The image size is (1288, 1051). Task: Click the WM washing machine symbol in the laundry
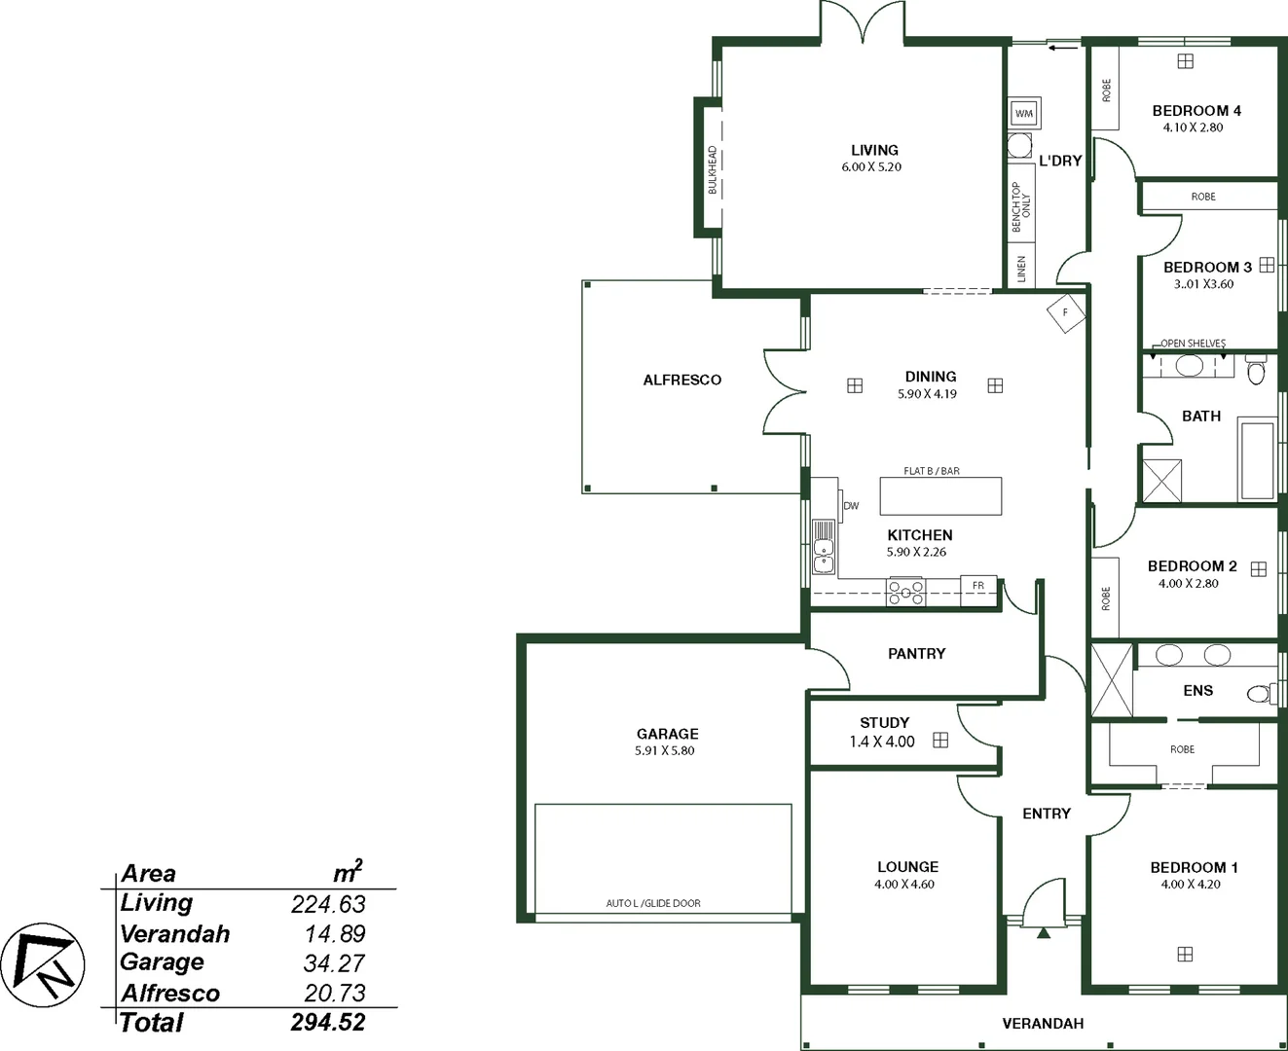[1023, 113]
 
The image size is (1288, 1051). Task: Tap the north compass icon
[43, 964]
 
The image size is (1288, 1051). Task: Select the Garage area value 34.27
[333, 963]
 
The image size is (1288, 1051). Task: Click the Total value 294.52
[328, 1023]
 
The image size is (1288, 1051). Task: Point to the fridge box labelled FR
[978, 586]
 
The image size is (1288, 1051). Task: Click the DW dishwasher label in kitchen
[851, 506]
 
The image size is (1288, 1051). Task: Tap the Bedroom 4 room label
[1196, 111]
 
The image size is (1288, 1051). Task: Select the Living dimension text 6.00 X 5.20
[871, 167]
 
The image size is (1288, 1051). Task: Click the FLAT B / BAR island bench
[940, 495]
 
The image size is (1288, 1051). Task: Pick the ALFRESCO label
[681, 381]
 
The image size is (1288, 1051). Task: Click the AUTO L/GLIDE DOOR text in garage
[653, 903]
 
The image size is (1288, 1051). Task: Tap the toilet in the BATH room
[1256, 372]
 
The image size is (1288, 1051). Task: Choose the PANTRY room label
[916, 654]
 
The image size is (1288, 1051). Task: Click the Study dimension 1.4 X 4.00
[882, 742]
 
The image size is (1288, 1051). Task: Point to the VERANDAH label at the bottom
[1043, 1024]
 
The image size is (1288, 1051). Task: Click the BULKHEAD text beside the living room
[712, 170]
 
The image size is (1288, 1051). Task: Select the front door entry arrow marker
[1044, 932]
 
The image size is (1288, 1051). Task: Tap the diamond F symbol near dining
[1065, 312]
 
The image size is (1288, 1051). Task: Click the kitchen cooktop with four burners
[905, 592]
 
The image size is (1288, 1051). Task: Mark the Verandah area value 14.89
[335, 934]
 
